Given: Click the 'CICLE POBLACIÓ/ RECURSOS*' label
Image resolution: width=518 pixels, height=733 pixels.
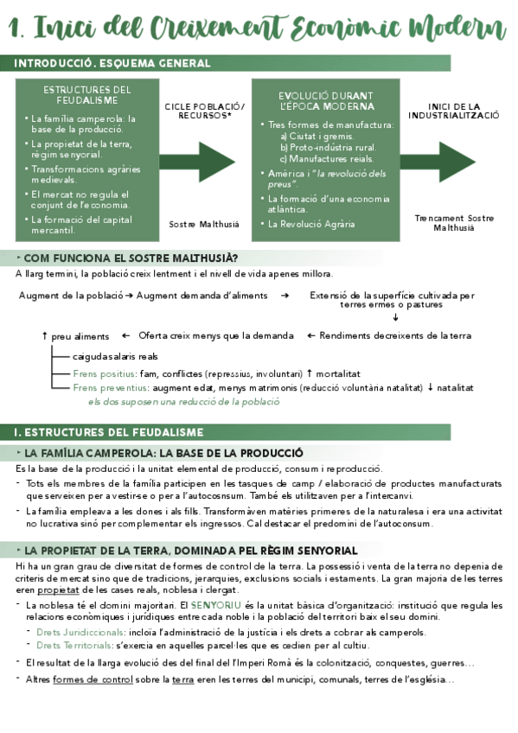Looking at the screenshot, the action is [204, 112].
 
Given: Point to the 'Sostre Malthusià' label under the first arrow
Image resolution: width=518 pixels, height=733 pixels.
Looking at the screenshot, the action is [204, 223].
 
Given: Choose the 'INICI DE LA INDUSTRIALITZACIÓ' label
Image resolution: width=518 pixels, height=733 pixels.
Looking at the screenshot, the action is [453, 112].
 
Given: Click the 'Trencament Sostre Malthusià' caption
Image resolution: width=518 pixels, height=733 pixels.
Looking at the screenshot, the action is [453, 223].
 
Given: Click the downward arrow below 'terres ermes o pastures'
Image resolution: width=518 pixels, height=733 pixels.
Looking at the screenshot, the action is [395, 317].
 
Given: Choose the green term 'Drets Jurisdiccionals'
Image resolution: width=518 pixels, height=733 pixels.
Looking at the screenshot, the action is [79, 632].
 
